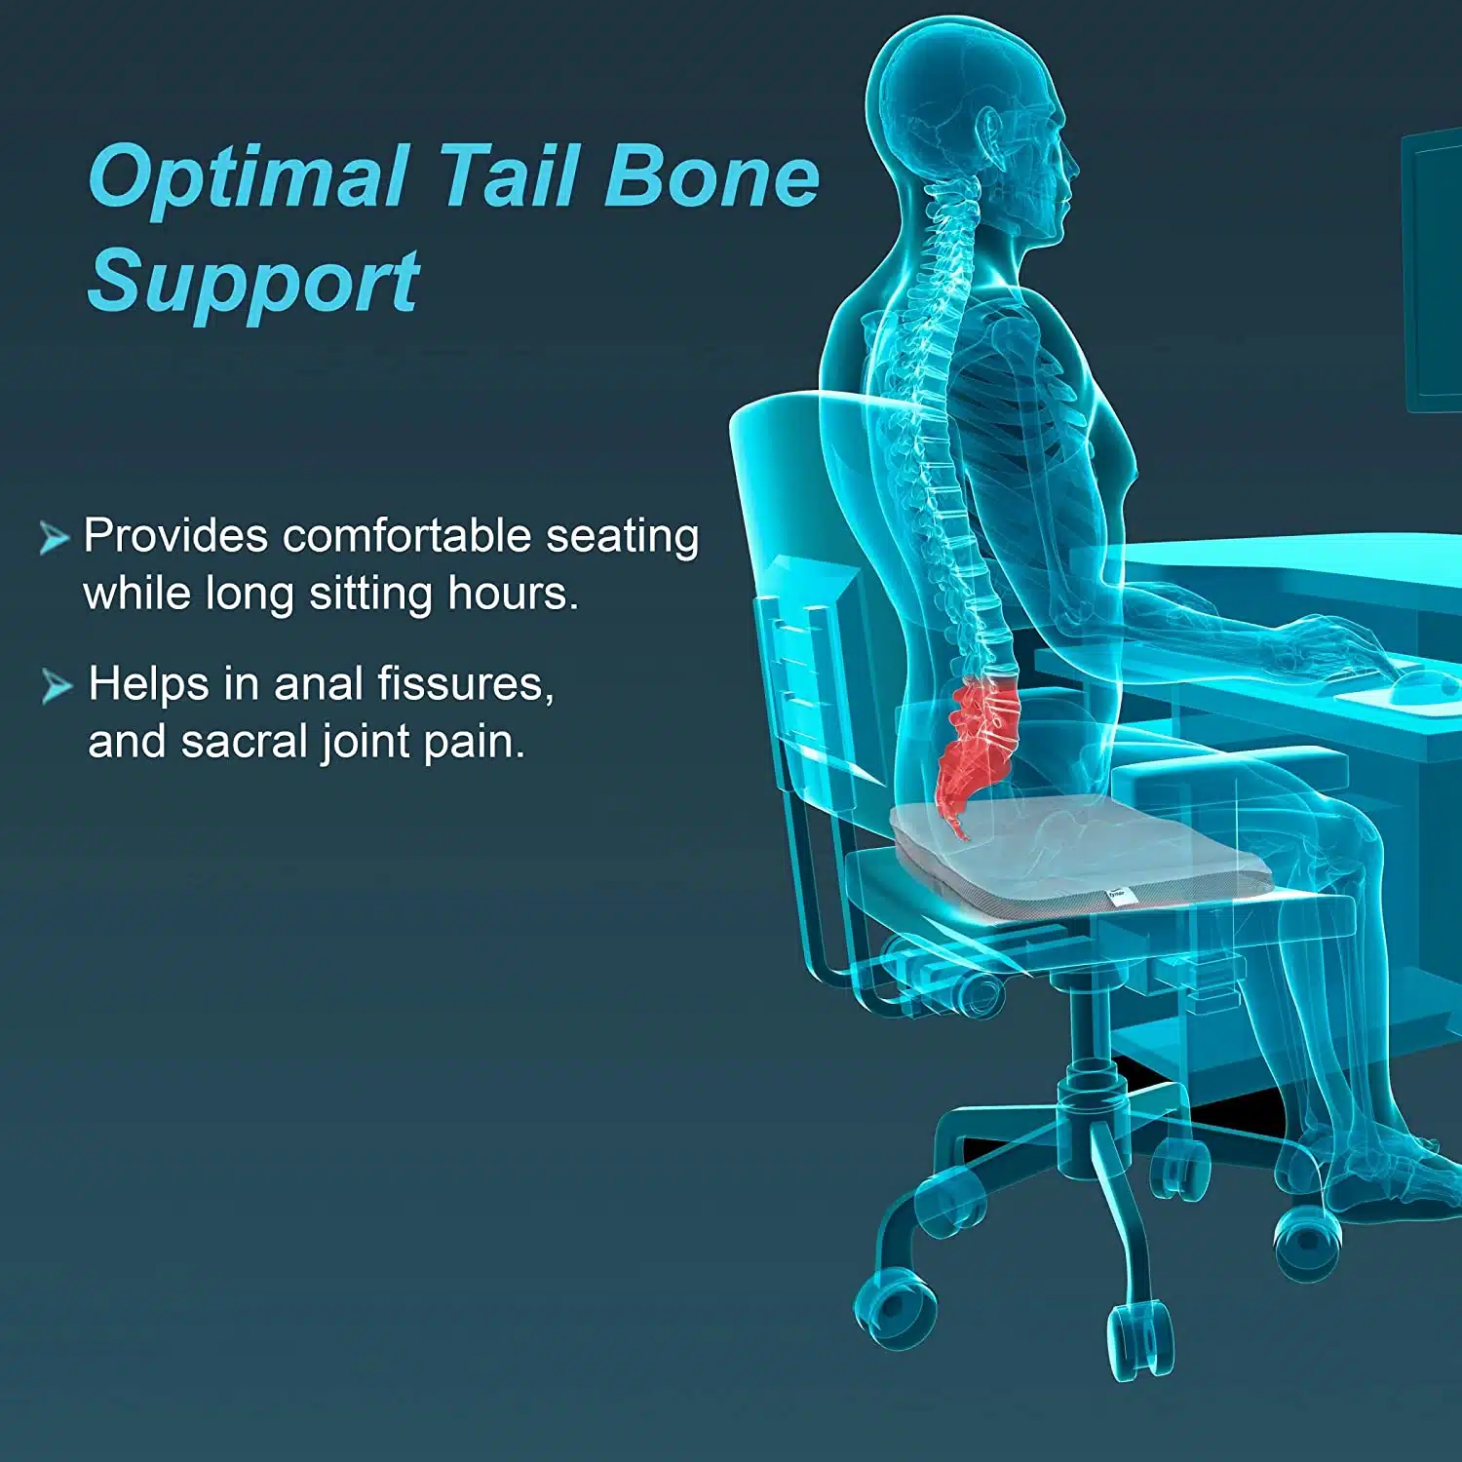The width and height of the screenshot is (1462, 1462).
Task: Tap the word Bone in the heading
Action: point(712,175)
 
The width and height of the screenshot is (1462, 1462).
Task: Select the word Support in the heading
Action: point(254,283)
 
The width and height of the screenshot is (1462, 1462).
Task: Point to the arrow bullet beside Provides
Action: point(55,537)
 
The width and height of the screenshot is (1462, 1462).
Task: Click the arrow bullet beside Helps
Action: point(57,686)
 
